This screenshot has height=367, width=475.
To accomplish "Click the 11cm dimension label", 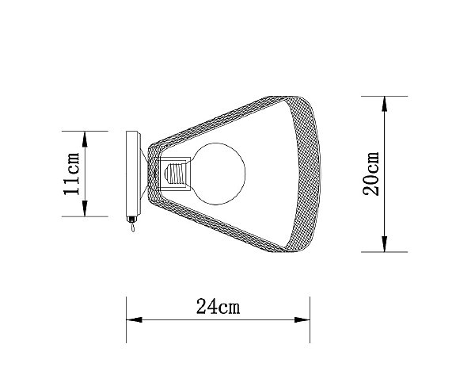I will pyautogui.click(x=72, y=174).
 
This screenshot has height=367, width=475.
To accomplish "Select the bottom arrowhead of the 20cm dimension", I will pyautogui.click(x=385, y=245).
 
